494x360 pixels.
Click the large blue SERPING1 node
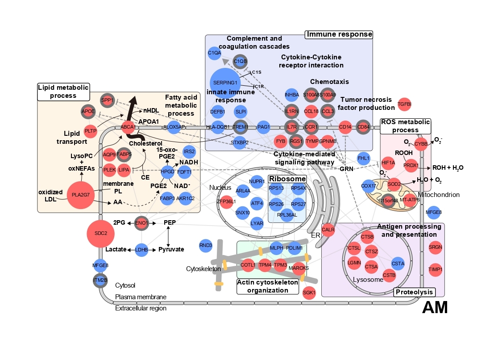click(225, 84)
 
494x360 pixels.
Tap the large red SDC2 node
click(101, 233)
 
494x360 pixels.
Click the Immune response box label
click(339, 34)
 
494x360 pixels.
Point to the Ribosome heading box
click(287, 179)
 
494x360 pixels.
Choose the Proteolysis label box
click(414, 292)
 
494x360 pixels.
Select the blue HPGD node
click(167, 172)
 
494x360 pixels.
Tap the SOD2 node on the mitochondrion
click(394, 184)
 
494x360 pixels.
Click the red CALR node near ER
click(328, 230)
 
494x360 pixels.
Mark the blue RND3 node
click(206, 245)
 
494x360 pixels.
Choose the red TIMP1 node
click(435, 269)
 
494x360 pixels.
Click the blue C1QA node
click(215, 53)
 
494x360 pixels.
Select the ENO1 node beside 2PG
click(141, 222)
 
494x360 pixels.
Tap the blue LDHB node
click(141, 250)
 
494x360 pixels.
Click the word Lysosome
click(368, 280)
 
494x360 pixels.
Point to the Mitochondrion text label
click(439, 195)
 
